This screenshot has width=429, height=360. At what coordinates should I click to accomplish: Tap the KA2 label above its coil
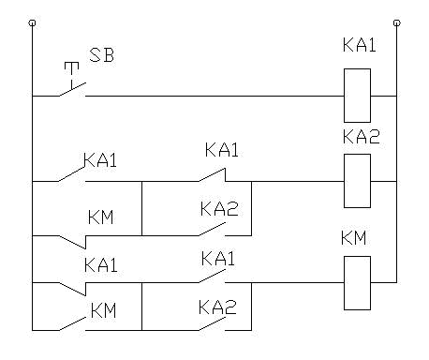pos(359,137)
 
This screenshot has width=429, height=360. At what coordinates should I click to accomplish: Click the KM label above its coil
pos(356,237)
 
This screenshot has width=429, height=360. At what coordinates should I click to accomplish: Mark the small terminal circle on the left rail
pos(32,20)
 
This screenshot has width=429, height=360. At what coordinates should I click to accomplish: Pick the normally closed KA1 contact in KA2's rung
pos(213,175)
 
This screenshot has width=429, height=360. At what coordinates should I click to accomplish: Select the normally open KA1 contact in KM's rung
pos(213,278)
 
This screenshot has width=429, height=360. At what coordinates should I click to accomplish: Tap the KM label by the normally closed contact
pos(101,218)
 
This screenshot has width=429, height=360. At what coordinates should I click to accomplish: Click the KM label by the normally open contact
pos(104,307)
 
